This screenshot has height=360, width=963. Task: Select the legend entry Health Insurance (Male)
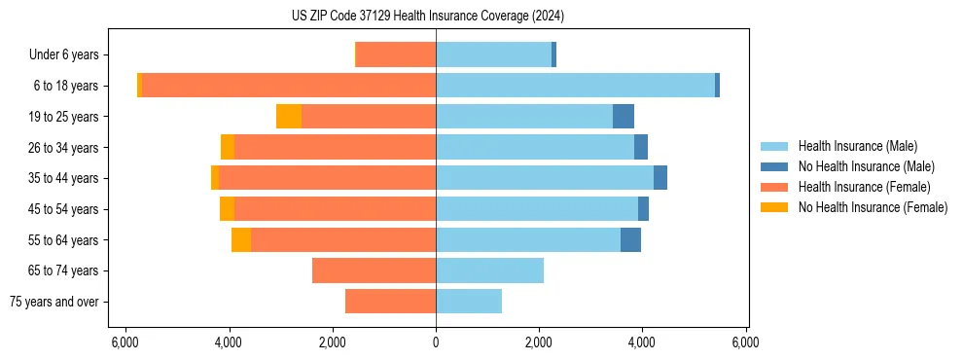pyautogui.click(x=857, y=146)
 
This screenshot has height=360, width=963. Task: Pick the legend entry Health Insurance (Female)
pyautogui.click(x=864, y=187)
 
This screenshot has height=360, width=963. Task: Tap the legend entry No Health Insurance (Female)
pyautogui.click(x=873, y=207)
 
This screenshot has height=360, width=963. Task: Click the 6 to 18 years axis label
pyautogui.click(x=65, y=86)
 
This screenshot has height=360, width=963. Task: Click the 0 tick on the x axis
pyautogui.click(x=436, y=342)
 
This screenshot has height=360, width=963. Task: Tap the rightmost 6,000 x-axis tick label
pyautogui.click(x=745, y=342)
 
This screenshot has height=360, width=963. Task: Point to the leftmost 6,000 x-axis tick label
pyautogui.click(x=125, y=342)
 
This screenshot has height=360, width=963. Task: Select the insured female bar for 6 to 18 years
pyautogui.click(x=289, y=86)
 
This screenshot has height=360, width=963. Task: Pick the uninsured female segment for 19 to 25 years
pyautogui.click(x=289, y=117)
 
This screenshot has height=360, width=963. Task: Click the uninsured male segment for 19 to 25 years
pyautogui.click(x=624, y=117)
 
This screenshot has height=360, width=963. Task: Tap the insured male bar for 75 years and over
pyautogui.click(x=469, y=302)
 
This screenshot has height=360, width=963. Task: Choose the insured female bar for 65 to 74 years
pyautogui.click(x=374, y=270)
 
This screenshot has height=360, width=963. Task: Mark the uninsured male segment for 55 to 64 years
pyautogui.click(x=630, y=239)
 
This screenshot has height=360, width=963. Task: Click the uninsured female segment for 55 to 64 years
pyautogui.click(x=241, y=239)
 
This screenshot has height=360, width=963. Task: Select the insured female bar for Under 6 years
pyautogui.click(x=396, y=55)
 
